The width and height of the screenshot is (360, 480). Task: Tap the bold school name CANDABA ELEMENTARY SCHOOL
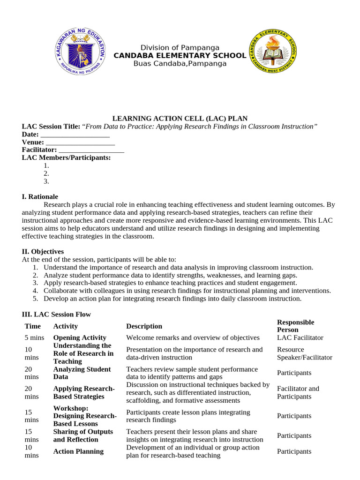pos(180,55)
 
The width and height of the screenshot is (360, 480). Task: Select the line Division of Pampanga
pos(180,47)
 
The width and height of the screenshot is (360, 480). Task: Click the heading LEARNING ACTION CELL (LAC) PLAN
pos(180,119)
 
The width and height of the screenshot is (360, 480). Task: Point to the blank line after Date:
pos(75,135)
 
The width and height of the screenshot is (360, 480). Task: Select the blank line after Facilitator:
pos(91,150)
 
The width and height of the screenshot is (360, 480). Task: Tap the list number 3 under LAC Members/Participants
pos(46,181)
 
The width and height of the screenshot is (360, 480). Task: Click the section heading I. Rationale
pos(40,197)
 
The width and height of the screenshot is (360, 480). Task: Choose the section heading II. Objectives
pos(43,252)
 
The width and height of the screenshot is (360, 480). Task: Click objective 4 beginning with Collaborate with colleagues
pos(187,291)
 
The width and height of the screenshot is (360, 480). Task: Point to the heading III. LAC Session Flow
pos(56,314)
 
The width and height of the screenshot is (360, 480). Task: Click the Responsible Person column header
pos(295,326)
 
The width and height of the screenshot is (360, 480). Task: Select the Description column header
pos(144,326)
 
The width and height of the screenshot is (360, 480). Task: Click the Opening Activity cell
pos(80,337)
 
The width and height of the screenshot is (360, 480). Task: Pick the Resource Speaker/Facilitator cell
pos(304,353)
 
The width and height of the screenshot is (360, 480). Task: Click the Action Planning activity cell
pos(78,451)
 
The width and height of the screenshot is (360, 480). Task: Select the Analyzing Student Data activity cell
pos(82,373)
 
